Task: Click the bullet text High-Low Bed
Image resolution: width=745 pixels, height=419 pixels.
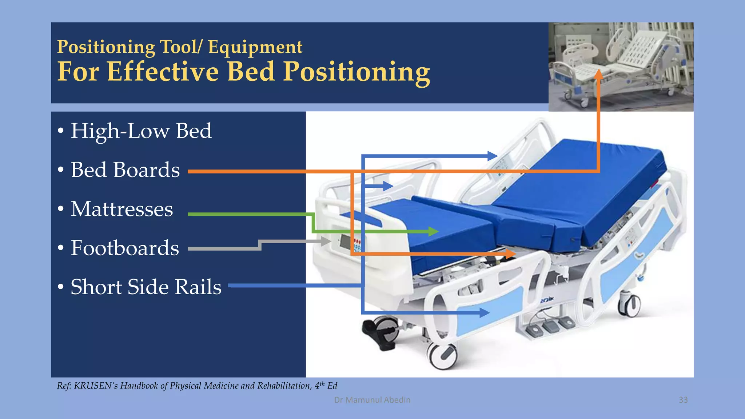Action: pos(141,131)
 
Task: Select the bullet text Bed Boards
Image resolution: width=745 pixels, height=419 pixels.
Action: pos(125,170)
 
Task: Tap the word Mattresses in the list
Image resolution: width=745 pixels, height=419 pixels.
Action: pos(122,209)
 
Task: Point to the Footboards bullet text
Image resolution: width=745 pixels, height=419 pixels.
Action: pos(125,248)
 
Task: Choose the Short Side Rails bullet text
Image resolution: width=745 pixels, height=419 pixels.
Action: pos(146,287)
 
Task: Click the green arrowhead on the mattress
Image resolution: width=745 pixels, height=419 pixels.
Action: pos(433,231)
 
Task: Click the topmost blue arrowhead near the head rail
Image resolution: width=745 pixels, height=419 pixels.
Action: pos(493,156)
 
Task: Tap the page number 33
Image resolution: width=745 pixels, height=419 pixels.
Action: pos(683,400)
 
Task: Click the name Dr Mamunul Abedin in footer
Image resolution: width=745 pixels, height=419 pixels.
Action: pos(372,400)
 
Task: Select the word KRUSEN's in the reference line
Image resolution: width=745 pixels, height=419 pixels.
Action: pos(96,386)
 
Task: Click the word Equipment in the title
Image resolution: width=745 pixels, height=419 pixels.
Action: pos(255,47)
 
